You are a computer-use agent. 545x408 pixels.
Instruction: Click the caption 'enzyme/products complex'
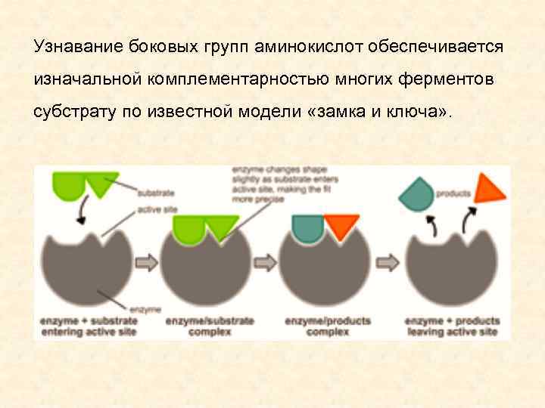pos(327,326)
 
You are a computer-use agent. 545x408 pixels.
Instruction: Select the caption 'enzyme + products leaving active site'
pos(451,326)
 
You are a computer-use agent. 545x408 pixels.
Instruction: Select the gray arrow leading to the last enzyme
pos(388,261)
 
